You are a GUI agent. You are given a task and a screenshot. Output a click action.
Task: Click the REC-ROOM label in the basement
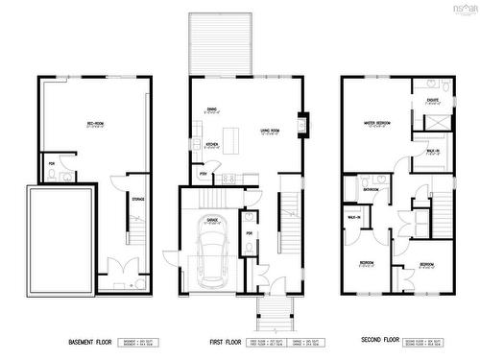tap(95, 123)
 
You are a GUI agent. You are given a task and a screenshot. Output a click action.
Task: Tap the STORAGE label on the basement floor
tap(138, 199)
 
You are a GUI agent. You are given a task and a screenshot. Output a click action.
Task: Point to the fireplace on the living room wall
tap(302, 123)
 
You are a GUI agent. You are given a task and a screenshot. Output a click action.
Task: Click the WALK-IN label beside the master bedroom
tap(432, 151)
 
